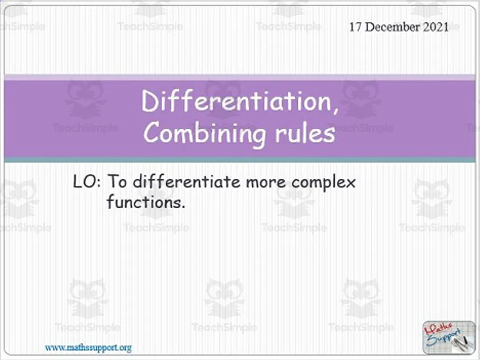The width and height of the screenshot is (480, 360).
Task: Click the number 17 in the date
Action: pos(355,27)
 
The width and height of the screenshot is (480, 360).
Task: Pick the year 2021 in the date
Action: pos(435,27)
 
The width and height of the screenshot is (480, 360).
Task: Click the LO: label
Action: pos(88,182)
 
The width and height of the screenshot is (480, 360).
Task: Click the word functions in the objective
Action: pos(144,202)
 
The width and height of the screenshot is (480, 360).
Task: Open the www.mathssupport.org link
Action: pos(88,347)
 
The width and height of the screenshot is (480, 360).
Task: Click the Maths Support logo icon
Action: pos(448,337)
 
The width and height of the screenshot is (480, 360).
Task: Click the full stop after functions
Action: pos(183,207)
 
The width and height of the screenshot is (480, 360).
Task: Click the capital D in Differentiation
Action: pos(150,102)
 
